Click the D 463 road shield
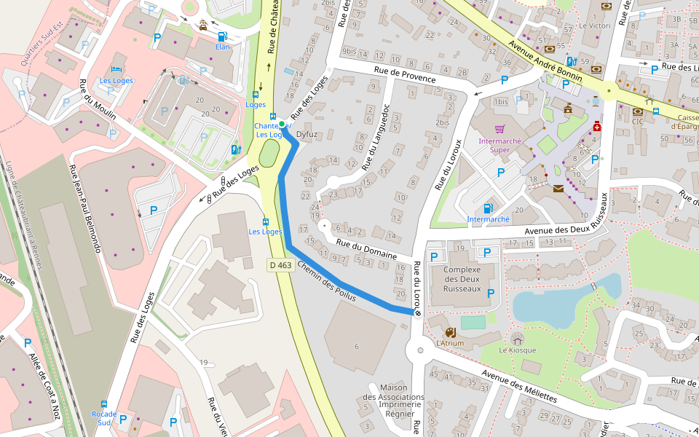pyautogui.click(x=280, y=265)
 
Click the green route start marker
pyautogui.click(x=282, y=125)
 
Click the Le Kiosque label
pyautogui.click(x=517, y=350)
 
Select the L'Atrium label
pyautogui.click(x=450, y=342)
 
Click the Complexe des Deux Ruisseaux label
pyautogui.click(x=462, y=279)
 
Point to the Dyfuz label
pyautogui.click(x=308, y=135)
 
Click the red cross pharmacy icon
pyautogui.click(x=596, y=125)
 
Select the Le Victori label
pyautogui.click(x=594, y=25)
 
